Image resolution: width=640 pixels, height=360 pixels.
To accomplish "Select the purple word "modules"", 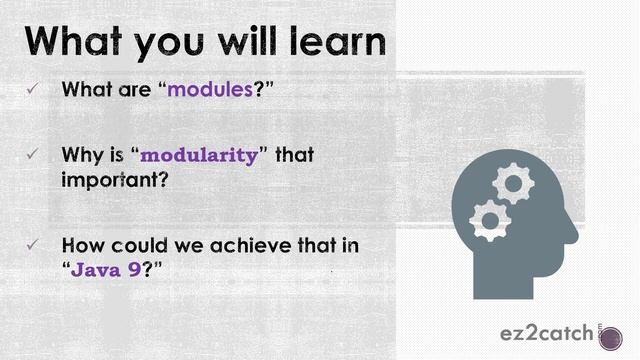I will tap(209, 89).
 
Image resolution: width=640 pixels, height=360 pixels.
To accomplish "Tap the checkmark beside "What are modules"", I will tap(32, 90).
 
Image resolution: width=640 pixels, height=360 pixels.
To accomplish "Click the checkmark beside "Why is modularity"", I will tap(32, 156).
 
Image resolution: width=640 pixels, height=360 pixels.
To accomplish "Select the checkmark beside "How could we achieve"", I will tap(32, 246).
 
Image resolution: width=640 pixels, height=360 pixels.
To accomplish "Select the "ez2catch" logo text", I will tap(547, 333).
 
